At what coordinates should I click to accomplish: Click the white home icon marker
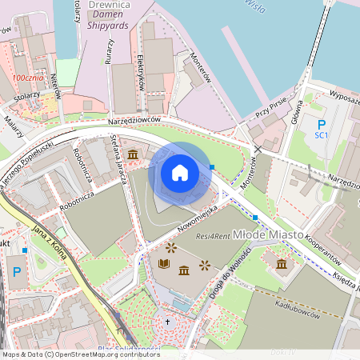[180, 173]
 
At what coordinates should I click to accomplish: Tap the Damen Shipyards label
[104, 26]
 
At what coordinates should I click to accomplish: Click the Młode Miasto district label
[267, 234]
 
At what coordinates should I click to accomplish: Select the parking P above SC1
[322, 124]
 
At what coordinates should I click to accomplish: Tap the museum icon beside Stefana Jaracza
[132, 154]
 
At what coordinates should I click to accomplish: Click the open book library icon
[164, 263]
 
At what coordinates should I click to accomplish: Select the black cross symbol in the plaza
[167, 322]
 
